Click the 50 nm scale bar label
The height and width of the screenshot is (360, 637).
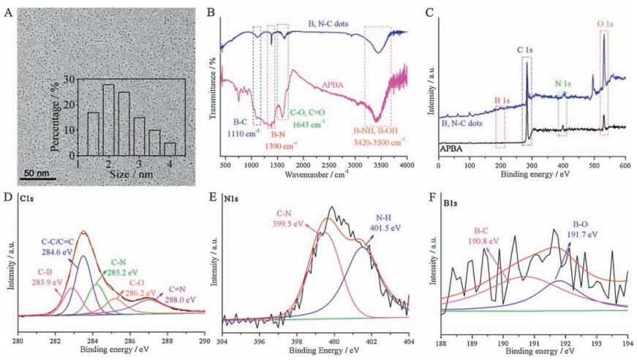tap(34, 173)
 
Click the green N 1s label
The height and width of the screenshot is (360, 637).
tap(563, 83)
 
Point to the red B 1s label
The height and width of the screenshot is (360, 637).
tap(502, 101)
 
